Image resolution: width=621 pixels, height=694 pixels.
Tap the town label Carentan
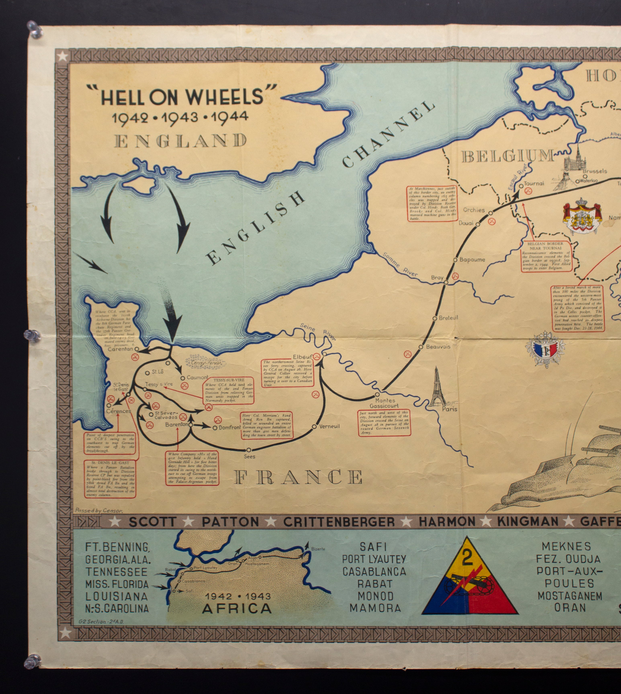120,349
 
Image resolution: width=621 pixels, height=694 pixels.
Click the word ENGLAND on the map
181,141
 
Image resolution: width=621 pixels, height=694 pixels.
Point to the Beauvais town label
438,346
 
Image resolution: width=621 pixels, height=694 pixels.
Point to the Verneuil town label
329,426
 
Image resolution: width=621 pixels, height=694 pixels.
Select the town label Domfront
229,428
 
